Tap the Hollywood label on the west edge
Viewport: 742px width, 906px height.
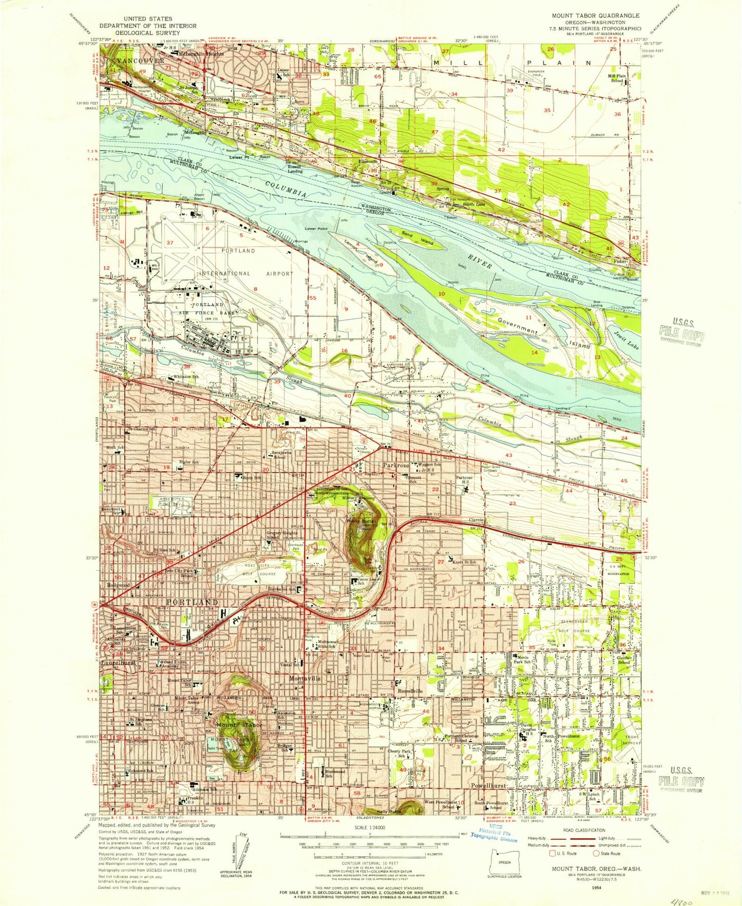(x=118, y=586)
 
